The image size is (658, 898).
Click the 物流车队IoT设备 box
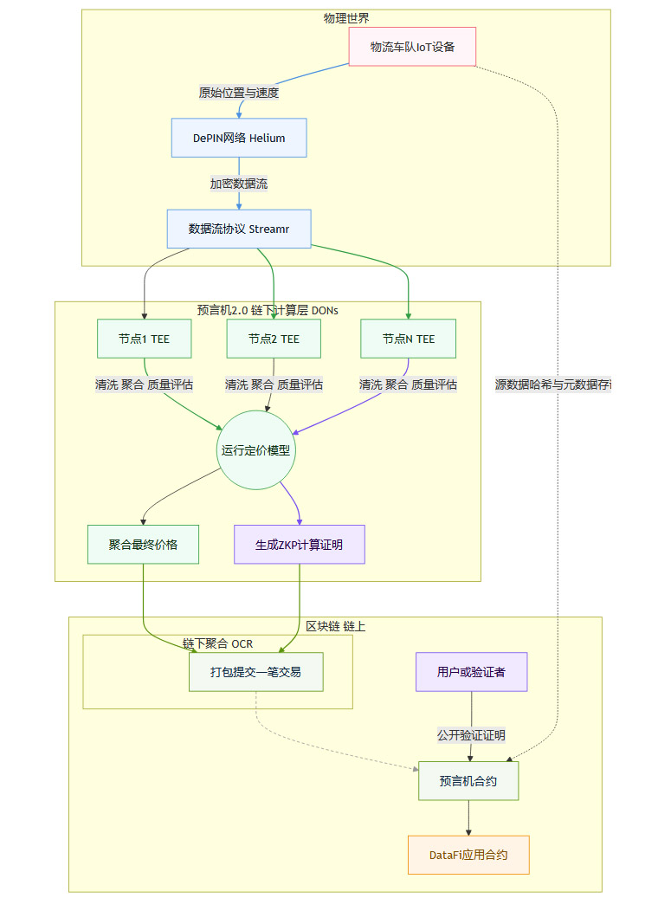(x=412, y=47)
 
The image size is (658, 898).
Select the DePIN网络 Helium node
(x=239, y=138)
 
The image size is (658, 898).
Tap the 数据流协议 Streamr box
(x=239, y=229)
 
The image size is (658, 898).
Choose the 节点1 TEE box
(x=144, y=339)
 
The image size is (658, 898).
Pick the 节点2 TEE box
(x=274, y=339)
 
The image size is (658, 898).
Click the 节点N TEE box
(x=409, y=339)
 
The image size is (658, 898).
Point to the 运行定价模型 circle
(x=257, y=450)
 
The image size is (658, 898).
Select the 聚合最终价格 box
(x=143, y=545)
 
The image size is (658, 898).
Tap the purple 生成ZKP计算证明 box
(x=300, y=545)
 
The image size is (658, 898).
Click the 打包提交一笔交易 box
(x=256, y=671)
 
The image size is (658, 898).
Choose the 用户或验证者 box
(x=471, y=671)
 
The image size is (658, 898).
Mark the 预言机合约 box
(x=468, y=781)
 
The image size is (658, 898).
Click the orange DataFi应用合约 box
(x=468, y=855)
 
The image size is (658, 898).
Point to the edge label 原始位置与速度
(x=239, y=93)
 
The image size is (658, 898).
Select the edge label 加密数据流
(x=239, y=184)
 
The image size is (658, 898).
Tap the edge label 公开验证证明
(x=471, y=734)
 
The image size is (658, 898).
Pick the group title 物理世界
(x=345, y=18)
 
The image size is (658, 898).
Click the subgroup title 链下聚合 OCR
(x=217, y=643)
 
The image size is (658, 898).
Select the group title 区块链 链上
(x=335, y=625)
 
